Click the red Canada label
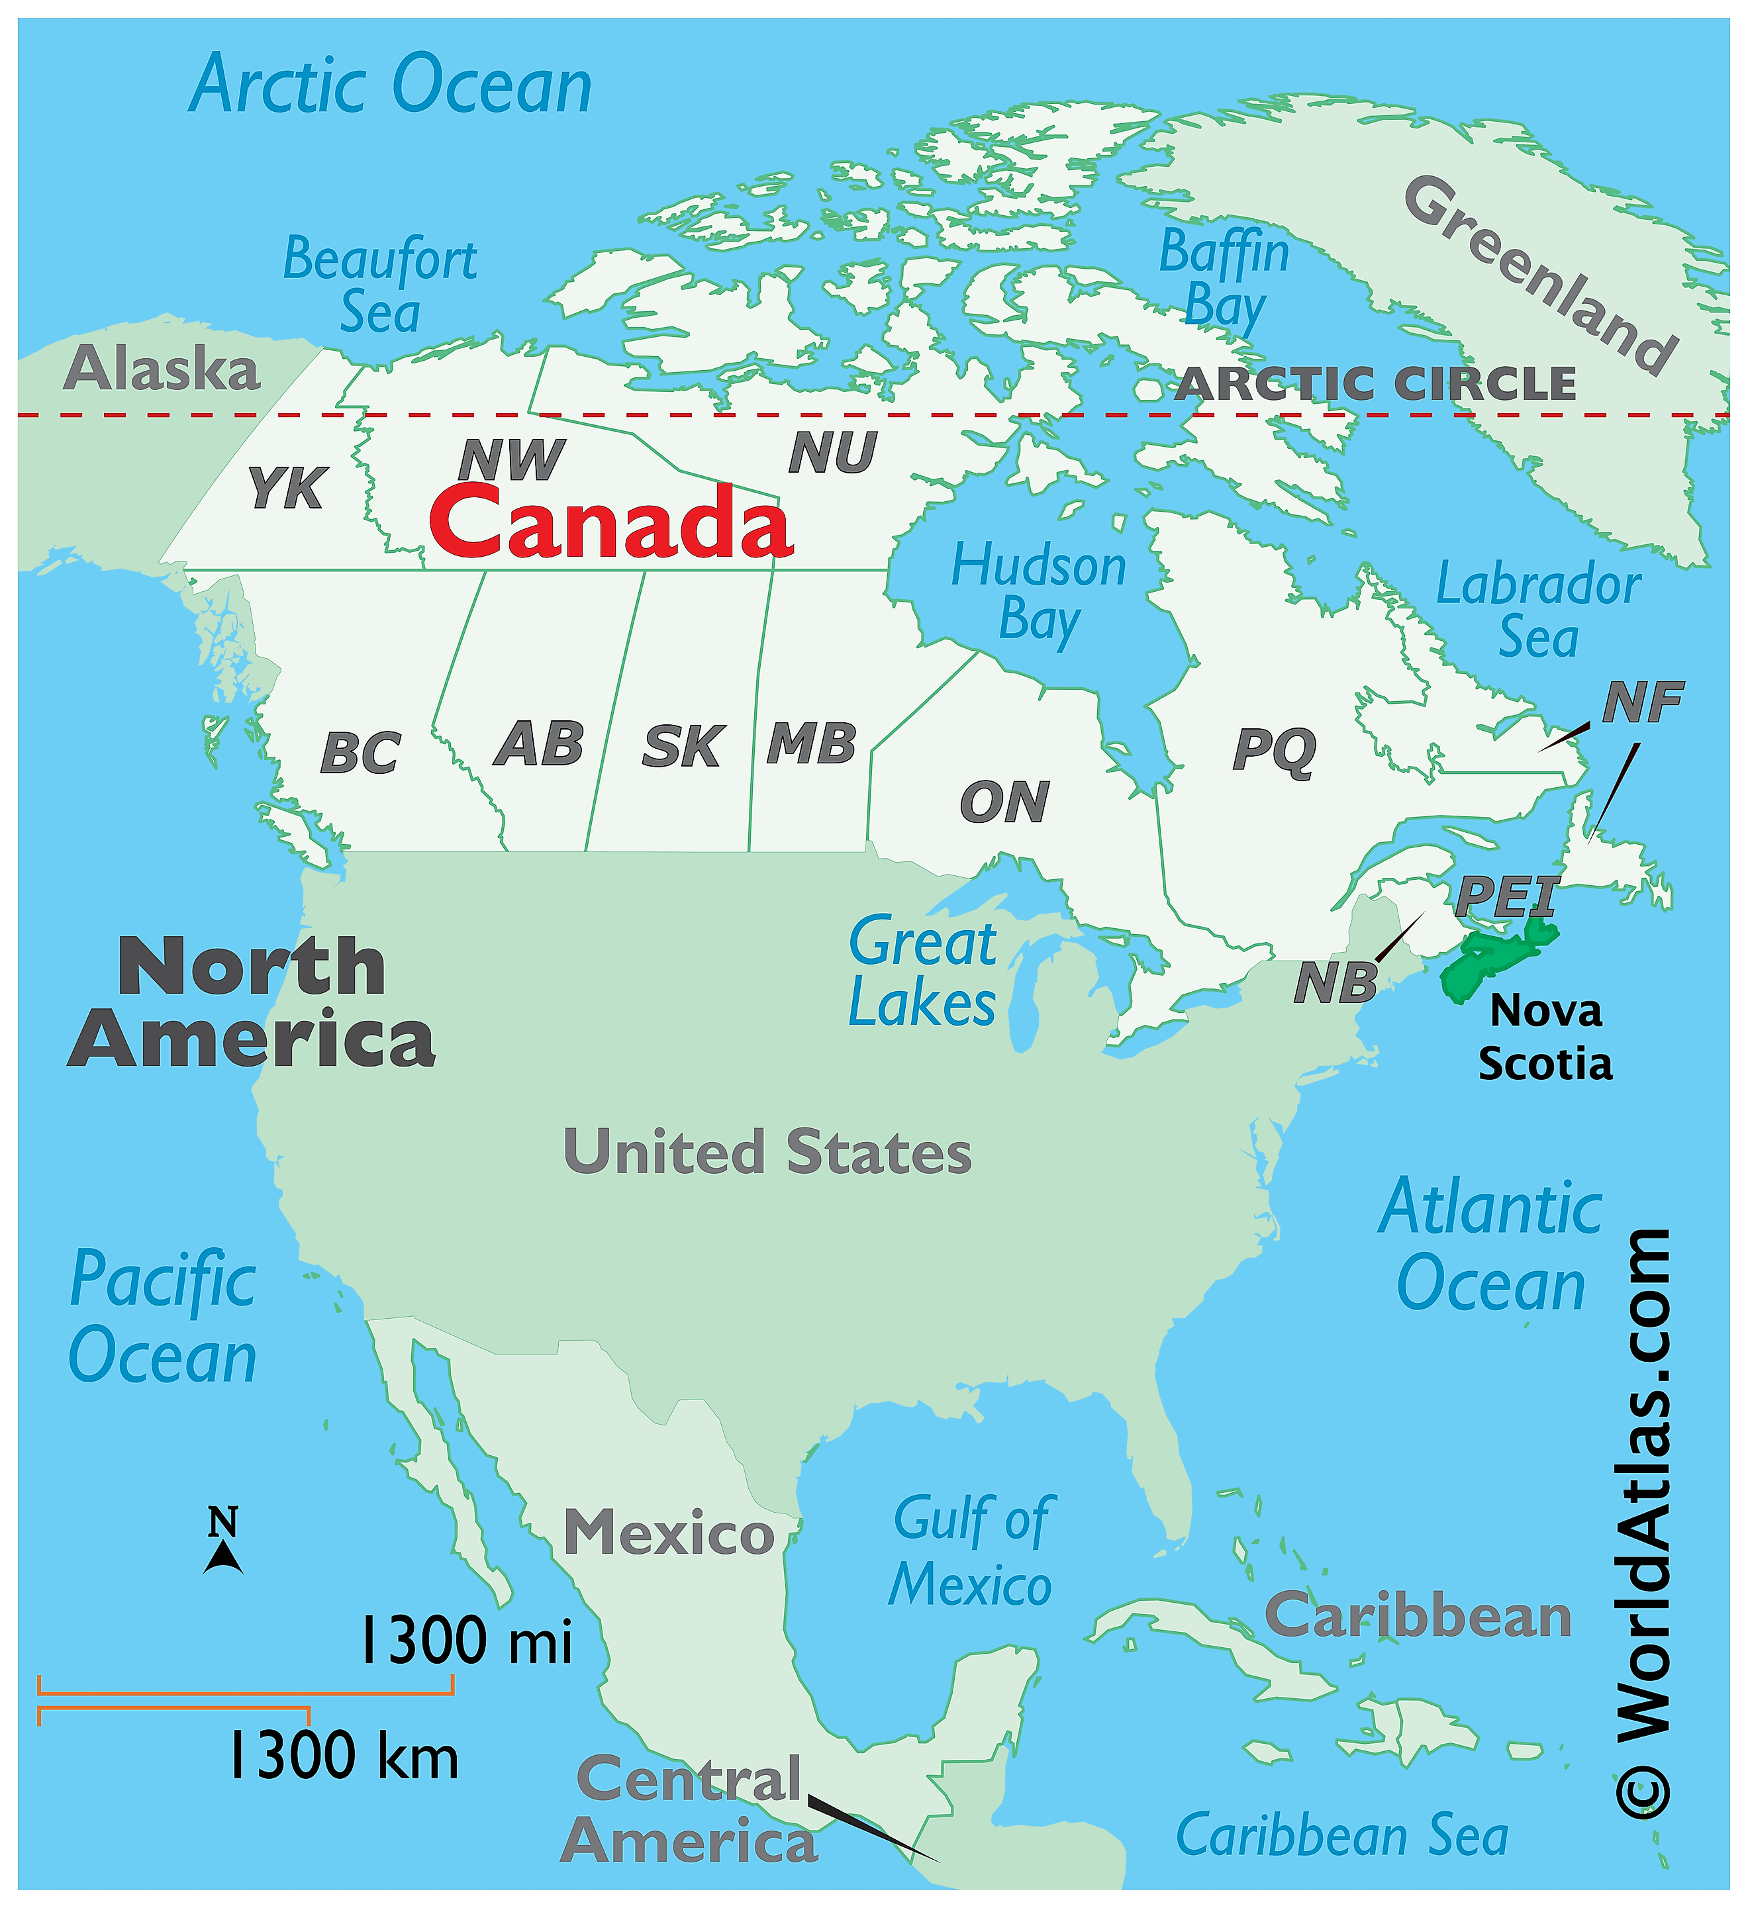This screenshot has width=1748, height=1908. (x=610, y=522)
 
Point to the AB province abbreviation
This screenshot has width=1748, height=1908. (x=538, y=744)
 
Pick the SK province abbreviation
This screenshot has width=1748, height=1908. (x=683, y=747)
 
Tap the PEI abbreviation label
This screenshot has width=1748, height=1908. (x=1506, y=895)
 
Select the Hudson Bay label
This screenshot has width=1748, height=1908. (x=1039, y=593)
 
